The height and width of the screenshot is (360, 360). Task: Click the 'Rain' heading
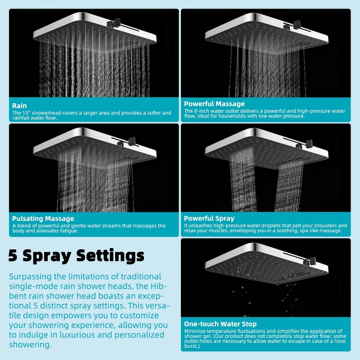pyautogui.click(x=19, y=105)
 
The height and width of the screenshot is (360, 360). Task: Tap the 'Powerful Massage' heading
pyautogui.click(x=214, y=103)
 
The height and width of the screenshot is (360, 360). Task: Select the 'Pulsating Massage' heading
pyautogui.click(x=43, y=219)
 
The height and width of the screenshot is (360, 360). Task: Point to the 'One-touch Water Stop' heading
pyautogui.click(x=220, y=324)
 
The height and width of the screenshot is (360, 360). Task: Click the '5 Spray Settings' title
pyautogui.click(x=76, y=255)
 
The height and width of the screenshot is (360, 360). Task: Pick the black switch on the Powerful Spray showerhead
pyautogui.click(x=308, y=144)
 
